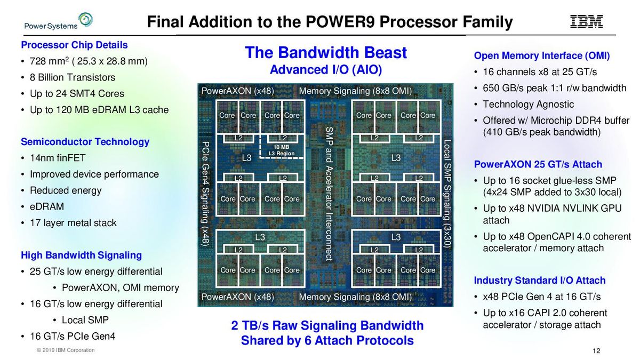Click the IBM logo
click(x=587, y=21)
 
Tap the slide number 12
click(x=597, y=351)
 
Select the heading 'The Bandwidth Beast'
click(x=325, y=53)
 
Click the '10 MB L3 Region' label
click(x=281, y=150)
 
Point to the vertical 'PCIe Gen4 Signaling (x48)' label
click(x=205, y=193)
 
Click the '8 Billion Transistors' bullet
click(x=72, y=77)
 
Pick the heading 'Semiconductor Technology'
click(x=85, y=142)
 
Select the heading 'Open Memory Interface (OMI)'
click(x=541, y=56)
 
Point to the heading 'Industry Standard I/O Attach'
click(x=540, y=281)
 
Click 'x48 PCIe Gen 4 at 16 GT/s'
click(x=541, y=297)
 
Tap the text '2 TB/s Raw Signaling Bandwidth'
click(x=327, y=325)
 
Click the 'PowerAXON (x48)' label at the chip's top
click(x=237, y=91)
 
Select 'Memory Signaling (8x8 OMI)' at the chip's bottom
click(x=355, y=297)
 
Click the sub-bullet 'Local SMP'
click(x=85, y=320)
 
